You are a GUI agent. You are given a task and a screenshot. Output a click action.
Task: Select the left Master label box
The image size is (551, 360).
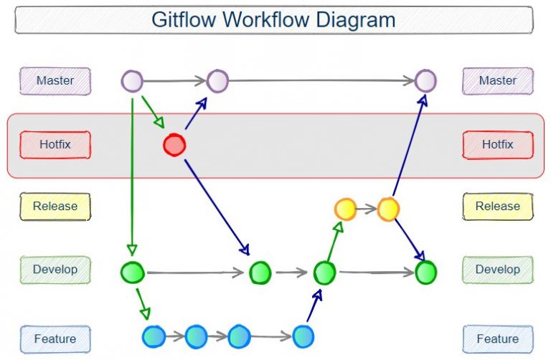tap(56, 80)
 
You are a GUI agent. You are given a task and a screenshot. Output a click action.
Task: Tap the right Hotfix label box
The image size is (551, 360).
tap(497, 144)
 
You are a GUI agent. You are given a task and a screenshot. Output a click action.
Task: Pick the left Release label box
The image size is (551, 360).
tap(56, 206)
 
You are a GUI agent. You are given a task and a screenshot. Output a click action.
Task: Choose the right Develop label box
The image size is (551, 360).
tap(497, 270)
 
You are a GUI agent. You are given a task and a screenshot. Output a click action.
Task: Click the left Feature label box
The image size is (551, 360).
tap(56, 338)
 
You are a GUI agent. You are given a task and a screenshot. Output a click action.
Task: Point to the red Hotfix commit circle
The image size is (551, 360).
tap(174, 146)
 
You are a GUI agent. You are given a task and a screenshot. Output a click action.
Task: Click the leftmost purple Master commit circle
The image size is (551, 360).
tap(132, 81)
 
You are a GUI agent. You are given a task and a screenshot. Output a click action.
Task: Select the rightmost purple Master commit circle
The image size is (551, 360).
tap(425, 80)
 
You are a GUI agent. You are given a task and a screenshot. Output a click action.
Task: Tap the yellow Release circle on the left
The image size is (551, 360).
tap(345, 209)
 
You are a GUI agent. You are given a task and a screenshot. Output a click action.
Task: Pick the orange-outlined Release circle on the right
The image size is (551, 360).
tap(388, 209)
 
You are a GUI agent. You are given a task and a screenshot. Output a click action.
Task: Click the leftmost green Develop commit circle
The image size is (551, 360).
tap(133, 273)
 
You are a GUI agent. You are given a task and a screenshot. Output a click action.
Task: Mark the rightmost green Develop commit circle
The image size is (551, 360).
tap(426, 273)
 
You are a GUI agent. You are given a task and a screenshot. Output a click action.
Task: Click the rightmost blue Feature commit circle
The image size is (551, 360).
tap(303, 336)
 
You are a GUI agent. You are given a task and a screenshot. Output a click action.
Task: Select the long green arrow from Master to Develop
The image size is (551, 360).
tap(132, 172)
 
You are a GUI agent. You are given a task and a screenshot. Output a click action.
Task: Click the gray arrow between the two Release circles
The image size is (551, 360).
tap(367, 209)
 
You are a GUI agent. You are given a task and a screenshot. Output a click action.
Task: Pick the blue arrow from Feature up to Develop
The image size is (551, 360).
tap(313, 305)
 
